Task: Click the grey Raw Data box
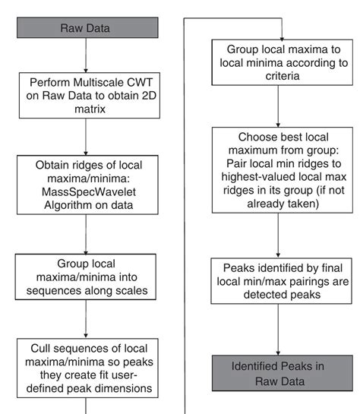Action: point(86,28)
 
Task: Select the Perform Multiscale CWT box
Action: point(86,95)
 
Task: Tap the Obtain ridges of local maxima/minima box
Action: point(86,182)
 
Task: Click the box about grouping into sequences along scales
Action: point(86,277)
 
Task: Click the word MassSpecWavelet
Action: point(86,190)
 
